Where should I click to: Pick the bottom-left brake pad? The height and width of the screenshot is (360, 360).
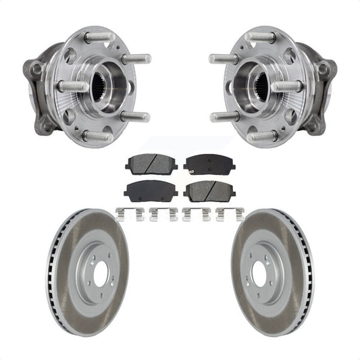(x=149, y=191)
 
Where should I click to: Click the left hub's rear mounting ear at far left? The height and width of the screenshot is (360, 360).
(x=34, y=69)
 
